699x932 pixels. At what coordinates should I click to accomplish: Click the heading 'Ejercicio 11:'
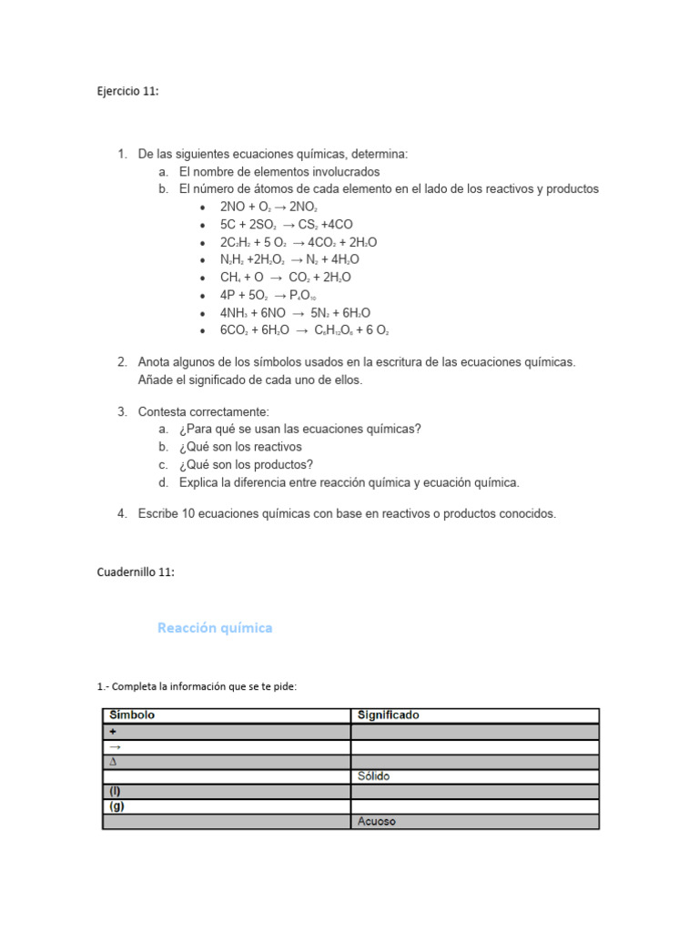(x=127, y=91)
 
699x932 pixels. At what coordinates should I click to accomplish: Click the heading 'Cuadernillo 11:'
(x=135, y=572)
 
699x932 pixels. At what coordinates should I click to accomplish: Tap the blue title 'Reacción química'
(x=215, y=628)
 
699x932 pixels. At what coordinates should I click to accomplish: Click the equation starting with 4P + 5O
(x=268, y=295)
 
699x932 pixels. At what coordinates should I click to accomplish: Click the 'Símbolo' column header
(x=132, y=715)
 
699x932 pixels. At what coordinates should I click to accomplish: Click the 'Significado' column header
(x=386, y=715)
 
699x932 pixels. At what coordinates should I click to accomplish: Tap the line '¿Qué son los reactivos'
(x=240, y=447)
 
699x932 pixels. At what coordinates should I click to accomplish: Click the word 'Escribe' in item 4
(x=158, y=513)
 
